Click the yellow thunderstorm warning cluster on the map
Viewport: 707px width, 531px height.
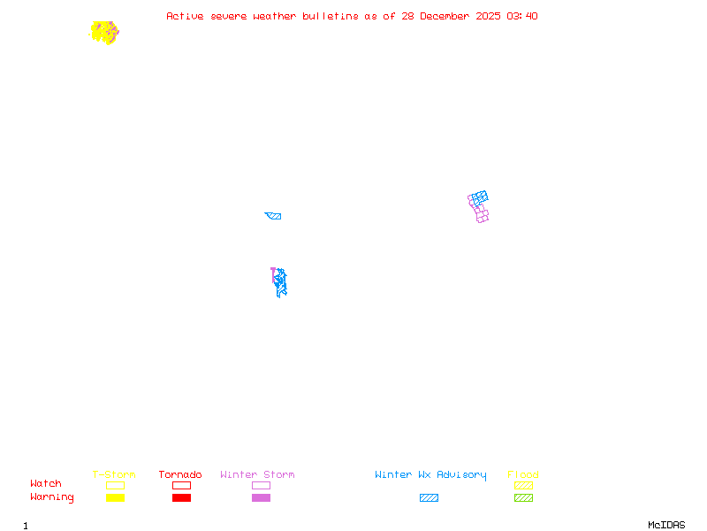pyautogui.click(x=103, y=33)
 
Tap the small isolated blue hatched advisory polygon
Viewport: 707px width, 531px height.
pyautogui.click(x=274, y=215)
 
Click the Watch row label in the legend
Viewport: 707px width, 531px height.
pyautogui.click(x=46, y=484)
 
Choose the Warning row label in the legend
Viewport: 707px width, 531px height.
pyautogui.click(x=52, y=497)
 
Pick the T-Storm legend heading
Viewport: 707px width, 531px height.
pyautogui.click(x=114, y=474)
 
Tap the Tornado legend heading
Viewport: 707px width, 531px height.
pyautogui.click(x=180, y=474)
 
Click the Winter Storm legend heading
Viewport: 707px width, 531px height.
pyautogui.click(x=257, y=474)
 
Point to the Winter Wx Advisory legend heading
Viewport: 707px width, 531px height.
pyautogui.click(x=430, y=474)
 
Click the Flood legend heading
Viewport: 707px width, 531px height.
pyautogui.click(x=523, y=474)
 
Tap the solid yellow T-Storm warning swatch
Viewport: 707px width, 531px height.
pyautogui.click(x=115, y=497)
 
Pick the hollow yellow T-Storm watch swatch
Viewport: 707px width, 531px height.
pyautogui.click(x=115, y=485)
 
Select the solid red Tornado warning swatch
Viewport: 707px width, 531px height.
pyautogui.click(x=181, y=497)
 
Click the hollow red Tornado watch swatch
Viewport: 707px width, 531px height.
pyautogui.click(x=181, y=485)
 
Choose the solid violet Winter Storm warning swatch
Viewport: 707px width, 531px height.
pyautogui.click(x=261, y=497)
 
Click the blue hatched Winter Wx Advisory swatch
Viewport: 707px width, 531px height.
pyautogui.click(x=429, y=497)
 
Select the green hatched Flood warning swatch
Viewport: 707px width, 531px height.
pyautogui.click(x=523, y=497)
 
